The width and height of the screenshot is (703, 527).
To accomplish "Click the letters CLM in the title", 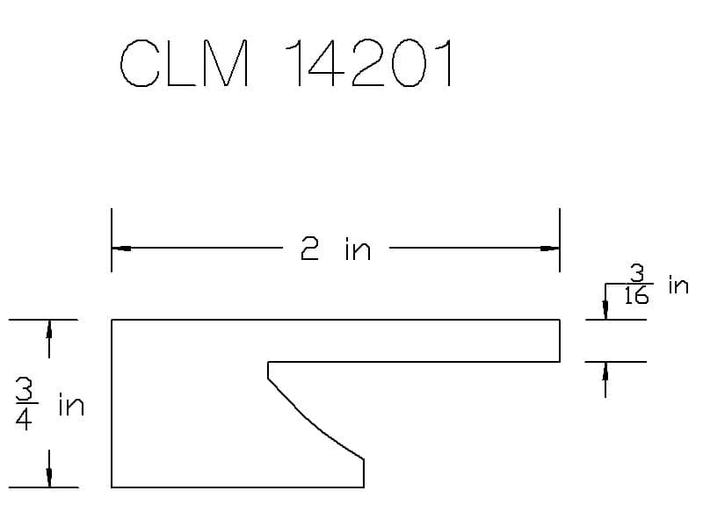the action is click(x=185, y=63).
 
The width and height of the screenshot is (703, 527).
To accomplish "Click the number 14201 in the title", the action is click(x=369, y=63).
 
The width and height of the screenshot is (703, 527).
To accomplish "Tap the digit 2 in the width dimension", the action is click(x=309, y=249).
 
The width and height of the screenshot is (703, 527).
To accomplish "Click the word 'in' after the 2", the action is click(x=358, y=250).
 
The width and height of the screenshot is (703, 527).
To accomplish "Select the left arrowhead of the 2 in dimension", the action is click(x=121, y=249).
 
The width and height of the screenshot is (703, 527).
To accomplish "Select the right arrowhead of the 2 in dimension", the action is click(x=550, y=249).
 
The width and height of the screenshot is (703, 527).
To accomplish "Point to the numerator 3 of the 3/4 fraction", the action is click(x=25, y=388).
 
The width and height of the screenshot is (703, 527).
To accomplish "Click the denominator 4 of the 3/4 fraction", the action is click(x=24, y=420).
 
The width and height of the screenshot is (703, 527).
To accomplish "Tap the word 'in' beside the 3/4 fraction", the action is click(x=72, y=405).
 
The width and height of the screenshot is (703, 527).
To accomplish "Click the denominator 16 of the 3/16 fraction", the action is click(x=636, y=296).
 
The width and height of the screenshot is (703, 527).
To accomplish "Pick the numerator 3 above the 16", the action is click(x=637, y=274).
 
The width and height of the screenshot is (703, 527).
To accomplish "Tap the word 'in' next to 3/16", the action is click(x=678, y=285).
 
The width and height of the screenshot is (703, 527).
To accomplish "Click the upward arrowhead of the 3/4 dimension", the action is click(x=49, y=329).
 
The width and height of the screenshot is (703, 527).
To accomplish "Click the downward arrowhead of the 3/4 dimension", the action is click(x=49, y=477).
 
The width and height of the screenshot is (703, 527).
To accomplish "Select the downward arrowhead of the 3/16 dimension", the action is click(x=605, y=310).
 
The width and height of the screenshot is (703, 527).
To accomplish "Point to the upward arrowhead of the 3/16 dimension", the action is click(x=605, y=372).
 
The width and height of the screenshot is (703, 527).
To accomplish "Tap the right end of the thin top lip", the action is click(x=560, y=341).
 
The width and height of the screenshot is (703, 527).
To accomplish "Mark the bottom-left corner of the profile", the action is click(x=112, y=487).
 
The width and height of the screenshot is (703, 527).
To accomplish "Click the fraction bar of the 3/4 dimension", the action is click(x=27, y=404).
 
